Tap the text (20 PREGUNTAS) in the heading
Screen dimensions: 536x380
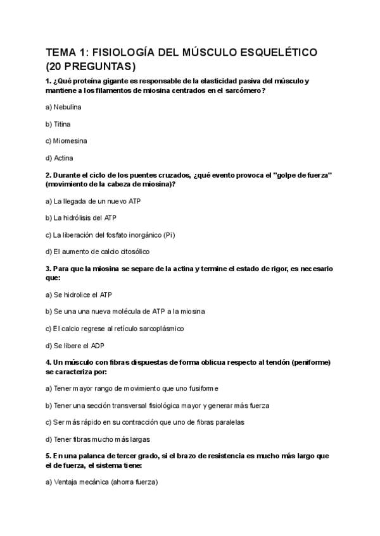coord(91,66)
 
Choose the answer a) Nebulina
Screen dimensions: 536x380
coord(63,107)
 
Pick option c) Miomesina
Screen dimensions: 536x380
coord(66,141)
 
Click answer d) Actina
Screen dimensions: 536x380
coord(59,158)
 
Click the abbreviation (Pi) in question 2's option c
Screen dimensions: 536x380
coord(168,235)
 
